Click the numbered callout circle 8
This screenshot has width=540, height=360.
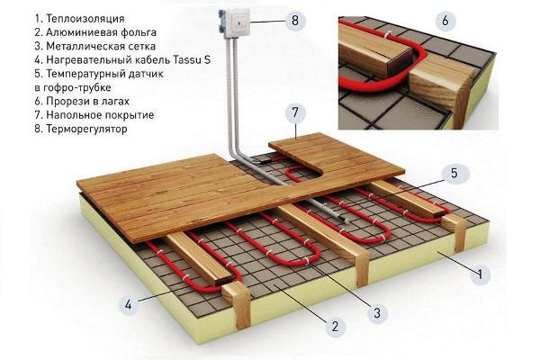pyautogui.click(x=295, y=21)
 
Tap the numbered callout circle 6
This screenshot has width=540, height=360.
pyautogui.click(x=445, y=21)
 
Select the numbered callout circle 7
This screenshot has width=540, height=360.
pyautogui.click(x=295, y=112)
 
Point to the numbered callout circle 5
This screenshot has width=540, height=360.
pyautogui.click(x=454, y=173)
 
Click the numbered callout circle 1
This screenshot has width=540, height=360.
pyautogui.click(x=480, y=274)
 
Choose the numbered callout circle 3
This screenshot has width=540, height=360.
pyautogui.click(x=377, y=313)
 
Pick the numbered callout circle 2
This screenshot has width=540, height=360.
pyautogui.click(x=335, y=326)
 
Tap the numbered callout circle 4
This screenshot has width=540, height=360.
pyautogui.click(x=128, y=304)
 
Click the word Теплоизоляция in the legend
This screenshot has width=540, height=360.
pyautogui.click(x=85, y=19)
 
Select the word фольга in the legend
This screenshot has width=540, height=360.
pyautogui.click(x=139, y=32)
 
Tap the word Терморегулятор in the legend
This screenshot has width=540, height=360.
pyautogui.click(x=86, y=130)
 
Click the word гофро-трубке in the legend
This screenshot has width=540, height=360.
pyautogui.click(x=77, y=87)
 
